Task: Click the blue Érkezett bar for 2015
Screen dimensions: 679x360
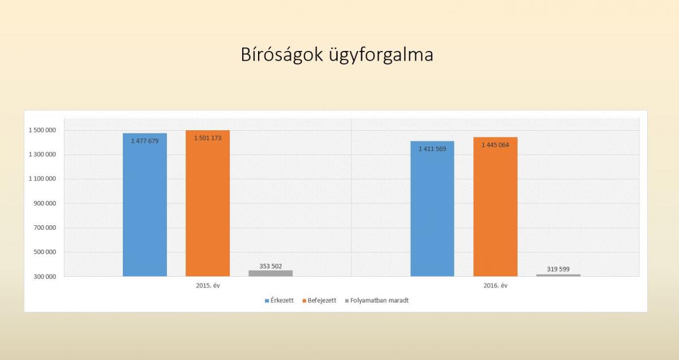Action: pyautogui.click(x=145, y=205)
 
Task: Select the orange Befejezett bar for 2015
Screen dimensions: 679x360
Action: pyautogui.click(x=208, y=203)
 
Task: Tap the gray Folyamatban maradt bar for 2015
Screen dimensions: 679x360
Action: pyautogui.click(x=270, y=273)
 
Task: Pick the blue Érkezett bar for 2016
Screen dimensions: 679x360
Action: pyautogui.click(x=432, y=209)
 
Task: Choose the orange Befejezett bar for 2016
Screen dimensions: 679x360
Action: pyautogui.click(x=495, y=207)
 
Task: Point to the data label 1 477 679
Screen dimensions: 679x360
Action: pyautogui.click(x=145, y=141)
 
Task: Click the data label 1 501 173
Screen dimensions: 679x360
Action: pyautogui.click(x=208, y=138)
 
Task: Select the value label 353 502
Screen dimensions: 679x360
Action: pyautogui.click(x=270, y=266)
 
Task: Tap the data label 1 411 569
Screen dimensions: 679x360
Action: pyautogui.click(x=432, y=149)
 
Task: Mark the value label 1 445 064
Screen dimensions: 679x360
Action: pyautogui.click(x=495, y=145)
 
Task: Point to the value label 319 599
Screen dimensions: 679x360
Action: pyautogui.click(x=558, y=269)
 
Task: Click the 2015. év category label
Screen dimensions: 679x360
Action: pyautogui.click(x=208, y=285)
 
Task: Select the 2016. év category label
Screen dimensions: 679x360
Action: pyautogui.click(x=495, y=285)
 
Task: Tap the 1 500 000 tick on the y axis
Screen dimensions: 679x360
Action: pyautogui.click(x=42, y=130)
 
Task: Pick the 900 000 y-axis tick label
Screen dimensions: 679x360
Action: pyautogui.click(x=45, y=203)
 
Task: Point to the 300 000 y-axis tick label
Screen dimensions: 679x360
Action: pyautogui.click(x=45, y=277)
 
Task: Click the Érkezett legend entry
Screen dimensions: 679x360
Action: pyautogui.click(x=279, y=301)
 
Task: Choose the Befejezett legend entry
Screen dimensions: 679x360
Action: pyautogui.click(x=320, y=301)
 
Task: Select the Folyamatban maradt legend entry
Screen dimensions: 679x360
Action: pyautogui.click(x=377, y=301)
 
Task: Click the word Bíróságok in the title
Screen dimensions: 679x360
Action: pyautogui.click(x=282, y=54)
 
